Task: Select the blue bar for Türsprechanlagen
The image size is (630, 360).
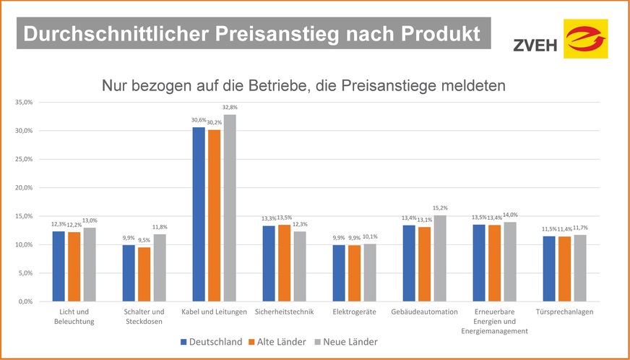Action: pyautogui.click(x=549, y=268)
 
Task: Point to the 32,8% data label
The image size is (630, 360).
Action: pyautogui.click(x=230, y=108)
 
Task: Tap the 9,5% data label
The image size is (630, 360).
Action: pyautogui.click(x=144, y=241)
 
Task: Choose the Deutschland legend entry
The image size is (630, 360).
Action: pyautogui.click(x=211, y=342)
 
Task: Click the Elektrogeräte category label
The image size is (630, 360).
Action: pyautogui.click(x=355, y=312)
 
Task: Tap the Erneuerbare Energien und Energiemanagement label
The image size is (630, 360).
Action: pyautogui.click(x=496, y=321)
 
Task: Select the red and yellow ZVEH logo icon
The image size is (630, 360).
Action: pyautogui.click(x=585, y=38)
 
